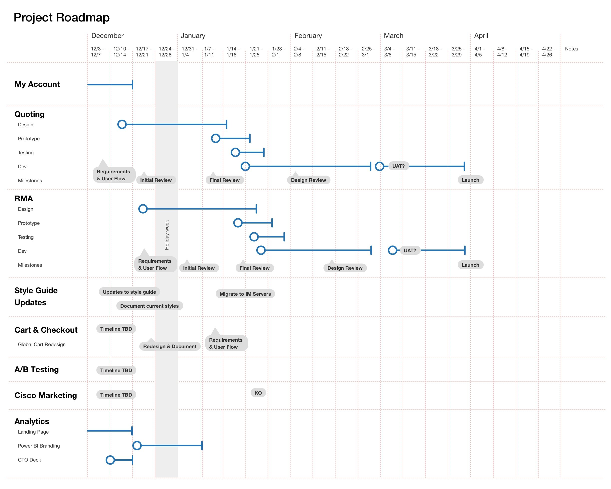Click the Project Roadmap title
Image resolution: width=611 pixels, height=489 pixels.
pos(61,17)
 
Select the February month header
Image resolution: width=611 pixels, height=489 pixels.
pos(308,36)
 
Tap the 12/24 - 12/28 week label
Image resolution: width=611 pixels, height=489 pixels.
pos(166,52)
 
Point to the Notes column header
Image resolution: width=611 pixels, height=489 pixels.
pos(571,49)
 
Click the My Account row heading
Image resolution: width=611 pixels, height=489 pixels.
pos(37,84)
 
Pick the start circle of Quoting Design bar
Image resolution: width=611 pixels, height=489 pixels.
pos(122,124)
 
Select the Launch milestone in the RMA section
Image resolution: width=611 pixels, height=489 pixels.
pos(470,265)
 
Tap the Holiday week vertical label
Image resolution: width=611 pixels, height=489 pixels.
pos(167,235)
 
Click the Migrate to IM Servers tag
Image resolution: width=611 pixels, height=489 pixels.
pos(245,294)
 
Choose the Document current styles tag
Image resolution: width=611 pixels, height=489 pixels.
pos(149,306)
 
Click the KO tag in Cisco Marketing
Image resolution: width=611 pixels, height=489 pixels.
pos(258,393)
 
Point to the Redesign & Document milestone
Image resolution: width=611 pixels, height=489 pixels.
pos(169,346)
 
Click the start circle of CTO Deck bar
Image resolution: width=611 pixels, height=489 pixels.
pos(110,460)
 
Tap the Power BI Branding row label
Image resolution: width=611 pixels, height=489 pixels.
pos(39,446)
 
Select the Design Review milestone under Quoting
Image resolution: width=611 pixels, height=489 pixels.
pos(308,180)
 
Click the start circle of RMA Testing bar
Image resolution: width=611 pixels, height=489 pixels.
pos(254,237)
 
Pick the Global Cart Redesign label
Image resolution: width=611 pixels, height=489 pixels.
pos(42,344)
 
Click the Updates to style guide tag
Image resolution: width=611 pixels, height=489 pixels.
pos(129,292)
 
